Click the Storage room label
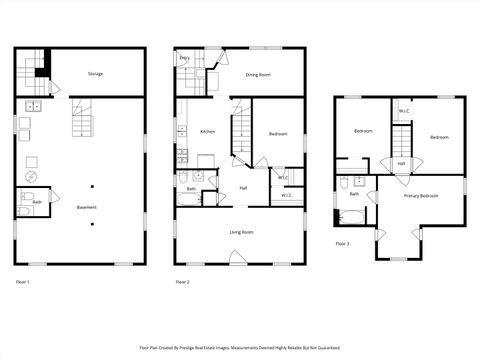tap(95, 74)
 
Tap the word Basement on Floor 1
tap(87, 208)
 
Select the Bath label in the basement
tap(37, 202)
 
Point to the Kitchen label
tap(207, 132)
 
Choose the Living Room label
tap(241, 232)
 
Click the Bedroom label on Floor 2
tap(279, 132)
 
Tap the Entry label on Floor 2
tap(185, 59)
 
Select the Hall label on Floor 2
tap(243, 188)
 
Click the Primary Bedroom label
tap(421, 196)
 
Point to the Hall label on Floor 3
tap(401, 163)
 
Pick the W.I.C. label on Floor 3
tap(404, 111)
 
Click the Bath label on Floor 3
tap(354, 194)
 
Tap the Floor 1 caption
tap(23, 283)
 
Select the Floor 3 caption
tap(343, 244)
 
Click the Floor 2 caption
tap(183, 283)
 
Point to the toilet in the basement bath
tap(27, 196)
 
